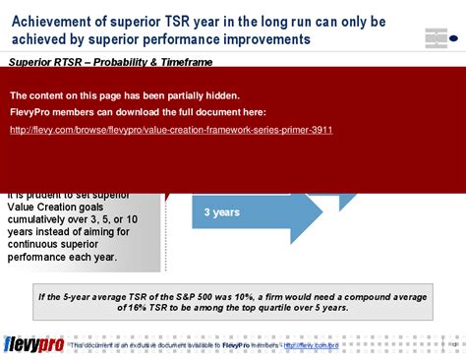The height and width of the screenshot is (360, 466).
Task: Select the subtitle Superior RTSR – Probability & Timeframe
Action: click(x=110, y=61)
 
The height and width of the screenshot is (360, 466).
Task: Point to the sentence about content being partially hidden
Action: click(x=124, y=95)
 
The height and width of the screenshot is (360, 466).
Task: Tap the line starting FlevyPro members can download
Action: click(x=138, y=113)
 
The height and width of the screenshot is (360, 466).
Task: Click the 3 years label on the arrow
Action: click(x=221, y=212)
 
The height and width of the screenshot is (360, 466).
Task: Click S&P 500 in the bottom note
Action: click(x=180, y=295)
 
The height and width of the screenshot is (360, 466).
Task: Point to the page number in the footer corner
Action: click(x=453, y=345)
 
